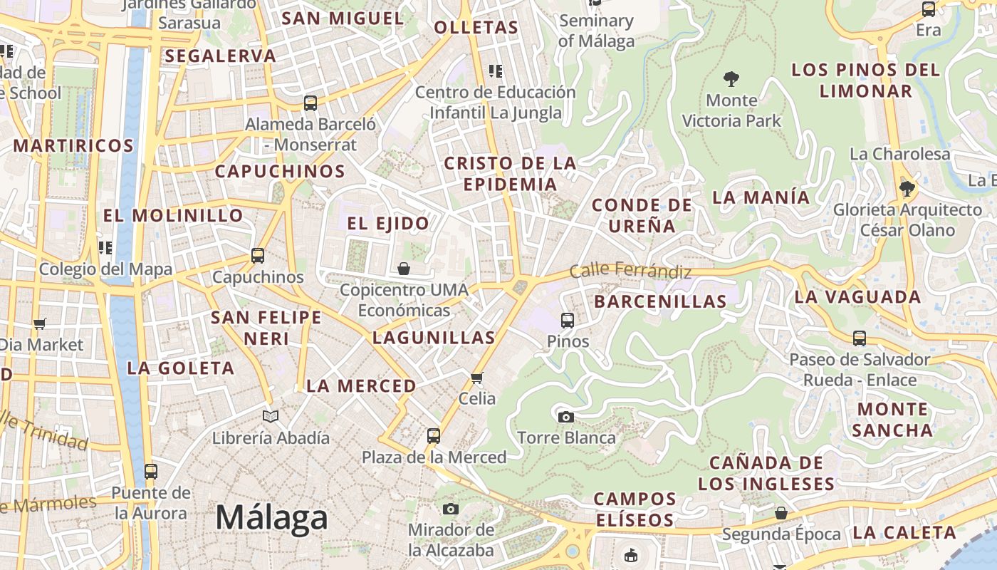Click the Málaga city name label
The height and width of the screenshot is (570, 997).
[x=271, y=518]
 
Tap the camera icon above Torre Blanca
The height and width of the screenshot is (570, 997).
[x=566, y=417]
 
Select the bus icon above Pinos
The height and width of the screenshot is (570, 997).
[x=568, y=321]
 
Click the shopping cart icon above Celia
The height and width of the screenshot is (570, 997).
[x=477, y=378]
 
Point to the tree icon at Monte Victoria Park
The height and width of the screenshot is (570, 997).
[x=731, y=78]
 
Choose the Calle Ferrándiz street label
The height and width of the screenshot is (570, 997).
[x=630, y=271]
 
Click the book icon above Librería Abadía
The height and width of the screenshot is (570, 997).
[x=271, y=416]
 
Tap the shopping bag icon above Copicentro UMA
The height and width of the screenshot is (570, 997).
[x=404, y=269]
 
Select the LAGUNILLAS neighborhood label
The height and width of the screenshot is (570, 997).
[x=434, y=338]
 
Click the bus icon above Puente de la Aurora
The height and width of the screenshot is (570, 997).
[x=151, y=471]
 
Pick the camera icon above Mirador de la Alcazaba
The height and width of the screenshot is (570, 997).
[x=450, y=509]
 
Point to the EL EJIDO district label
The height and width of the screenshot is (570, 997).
[x=388, y=224]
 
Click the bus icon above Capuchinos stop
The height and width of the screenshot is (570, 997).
[x=258, y=255]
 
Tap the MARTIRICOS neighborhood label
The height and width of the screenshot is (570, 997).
[x=73, y=146]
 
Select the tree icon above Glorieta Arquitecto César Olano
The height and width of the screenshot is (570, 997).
[x=907, y=188]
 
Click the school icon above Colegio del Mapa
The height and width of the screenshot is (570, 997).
[x=105, y=248]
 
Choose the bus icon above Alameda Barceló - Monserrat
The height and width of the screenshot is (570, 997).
[x=310, y=103]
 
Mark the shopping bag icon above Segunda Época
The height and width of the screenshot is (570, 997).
[x=781, y=513]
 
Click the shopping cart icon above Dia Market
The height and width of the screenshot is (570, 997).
[x=40, y=323]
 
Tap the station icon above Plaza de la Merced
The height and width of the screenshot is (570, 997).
[x=434, y=435]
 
